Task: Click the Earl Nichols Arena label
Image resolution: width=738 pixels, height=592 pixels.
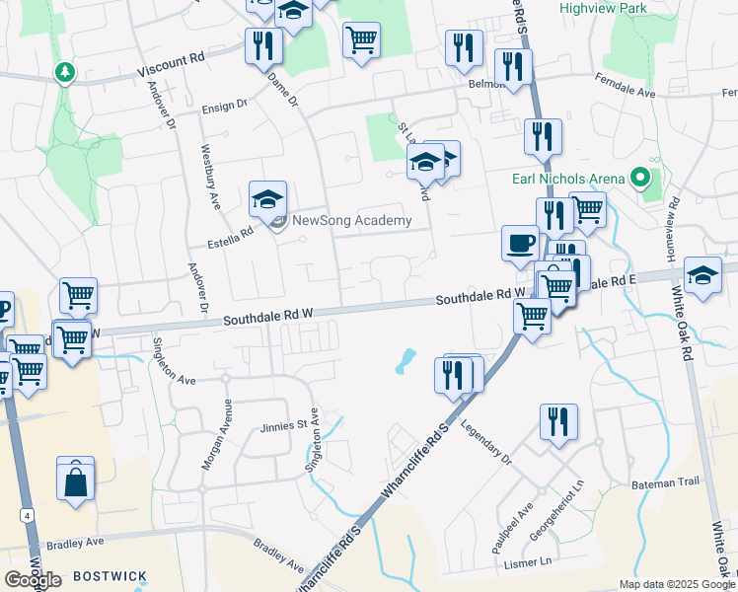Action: (x=568, y=179)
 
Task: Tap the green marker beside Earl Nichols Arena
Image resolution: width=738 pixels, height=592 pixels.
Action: (x=640, y=179)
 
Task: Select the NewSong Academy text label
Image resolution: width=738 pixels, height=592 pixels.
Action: (x=352, y=220)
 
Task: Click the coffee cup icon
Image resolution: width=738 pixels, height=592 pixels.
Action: (x=520, y=243)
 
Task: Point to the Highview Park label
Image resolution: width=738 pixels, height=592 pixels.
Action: (x=601, y=7)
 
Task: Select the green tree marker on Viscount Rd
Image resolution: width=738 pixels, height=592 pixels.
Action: (x=65, y=72)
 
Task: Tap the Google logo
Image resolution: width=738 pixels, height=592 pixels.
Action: (x=33, y=580)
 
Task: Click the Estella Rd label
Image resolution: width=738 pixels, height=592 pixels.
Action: (x=229, y=233)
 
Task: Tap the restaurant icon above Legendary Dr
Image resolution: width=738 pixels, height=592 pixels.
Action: (x=558, y=421)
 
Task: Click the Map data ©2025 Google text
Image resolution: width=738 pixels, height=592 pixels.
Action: (x=676, y=584)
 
